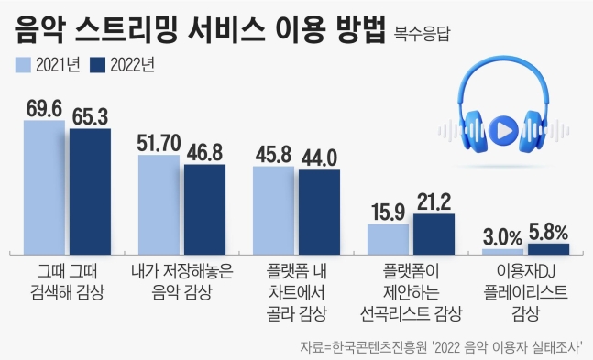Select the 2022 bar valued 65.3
pos(90,191)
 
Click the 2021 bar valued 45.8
pos(274,209)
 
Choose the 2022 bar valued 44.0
pos(319,211)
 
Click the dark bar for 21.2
pos(433,233)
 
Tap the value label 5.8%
pos(549,230)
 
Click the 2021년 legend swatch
pos(23,64)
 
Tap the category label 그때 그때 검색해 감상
pos(67,282)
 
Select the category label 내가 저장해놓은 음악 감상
pos(181,282)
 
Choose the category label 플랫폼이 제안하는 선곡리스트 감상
pos(410,292)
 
